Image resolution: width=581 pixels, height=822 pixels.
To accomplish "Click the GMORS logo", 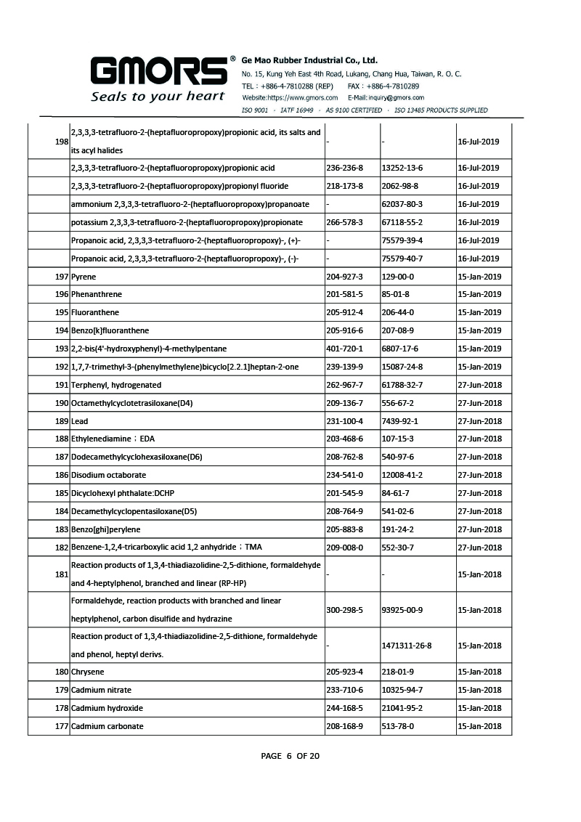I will click(x=158, y=70).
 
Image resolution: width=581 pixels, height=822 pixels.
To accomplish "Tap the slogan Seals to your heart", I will click(x=157, y=97).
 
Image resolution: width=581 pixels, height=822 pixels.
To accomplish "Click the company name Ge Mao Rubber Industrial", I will click(x=309, y=60).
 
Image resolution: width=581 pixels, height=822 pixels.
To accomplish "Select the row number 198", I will click(x=62, y=142).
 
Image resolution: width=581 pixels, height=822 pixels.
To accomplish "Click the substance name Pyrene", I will click(x=84, y=277).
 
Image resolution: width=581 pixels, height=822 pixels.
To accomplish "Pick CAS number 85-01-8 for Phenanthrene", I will click(x=395, y=295).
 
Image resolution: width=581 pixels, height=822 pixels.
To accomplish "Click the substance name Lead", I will click(x=80, y=421).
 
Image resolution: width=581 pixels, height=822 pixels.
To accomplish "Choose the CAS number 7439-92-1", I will click(x=399, y=421).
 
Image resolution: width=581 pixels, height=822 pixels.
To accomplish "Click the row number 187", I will click(x=62, y=457).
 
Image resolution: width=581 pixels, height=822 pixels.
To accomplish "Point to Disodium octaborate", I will click(x=108, y=476).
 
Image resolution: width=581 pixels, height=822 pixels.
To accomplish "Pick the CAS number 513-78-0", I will click(x=397, y=726).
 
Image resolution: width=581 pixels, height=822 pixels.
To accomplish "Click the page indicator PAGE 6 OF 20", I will click(x=290, y=756).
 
